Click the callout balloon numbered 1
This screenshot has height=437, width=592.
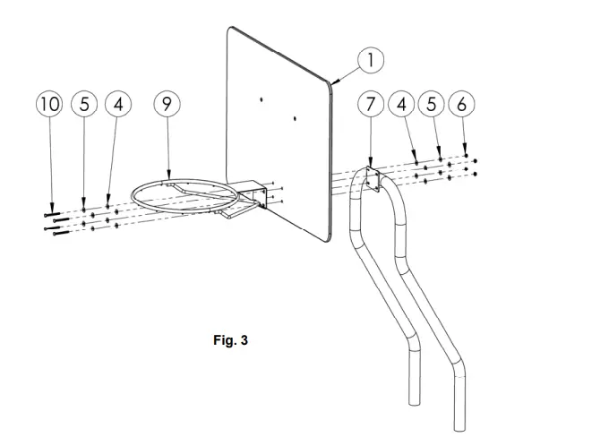point(371,60)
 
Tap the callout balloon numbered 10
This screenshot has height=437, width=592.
point(49,104)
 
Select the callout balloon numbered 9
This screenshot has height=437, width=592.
point(167,104)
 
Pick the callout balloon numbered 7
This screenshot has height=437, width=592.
point(371,104)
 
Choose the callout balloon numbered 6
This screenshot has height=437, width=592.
point(462,104)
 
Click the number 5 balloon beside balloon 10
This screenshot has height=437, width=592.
point(84,104)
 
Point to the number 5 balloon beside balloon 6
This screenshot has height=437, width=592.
point(432,104)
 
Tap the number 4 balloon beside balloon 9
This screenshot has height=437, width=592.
point(118,104)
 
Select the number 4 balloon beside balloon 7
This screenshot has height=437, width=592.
point(401,104)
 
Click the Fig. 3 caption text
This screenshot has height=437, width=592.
point(231,340)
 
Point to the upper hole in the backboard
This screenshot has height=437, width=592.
point(261,100)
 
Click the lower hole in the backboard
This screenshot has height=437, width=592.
point(295,119)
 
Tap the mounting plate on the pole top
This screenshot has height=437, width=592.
point(373,179)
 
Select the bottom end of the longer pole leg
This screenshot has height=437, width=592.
point(459,428)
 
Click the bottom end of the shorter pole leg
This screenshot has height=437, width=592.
point(415,403)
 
